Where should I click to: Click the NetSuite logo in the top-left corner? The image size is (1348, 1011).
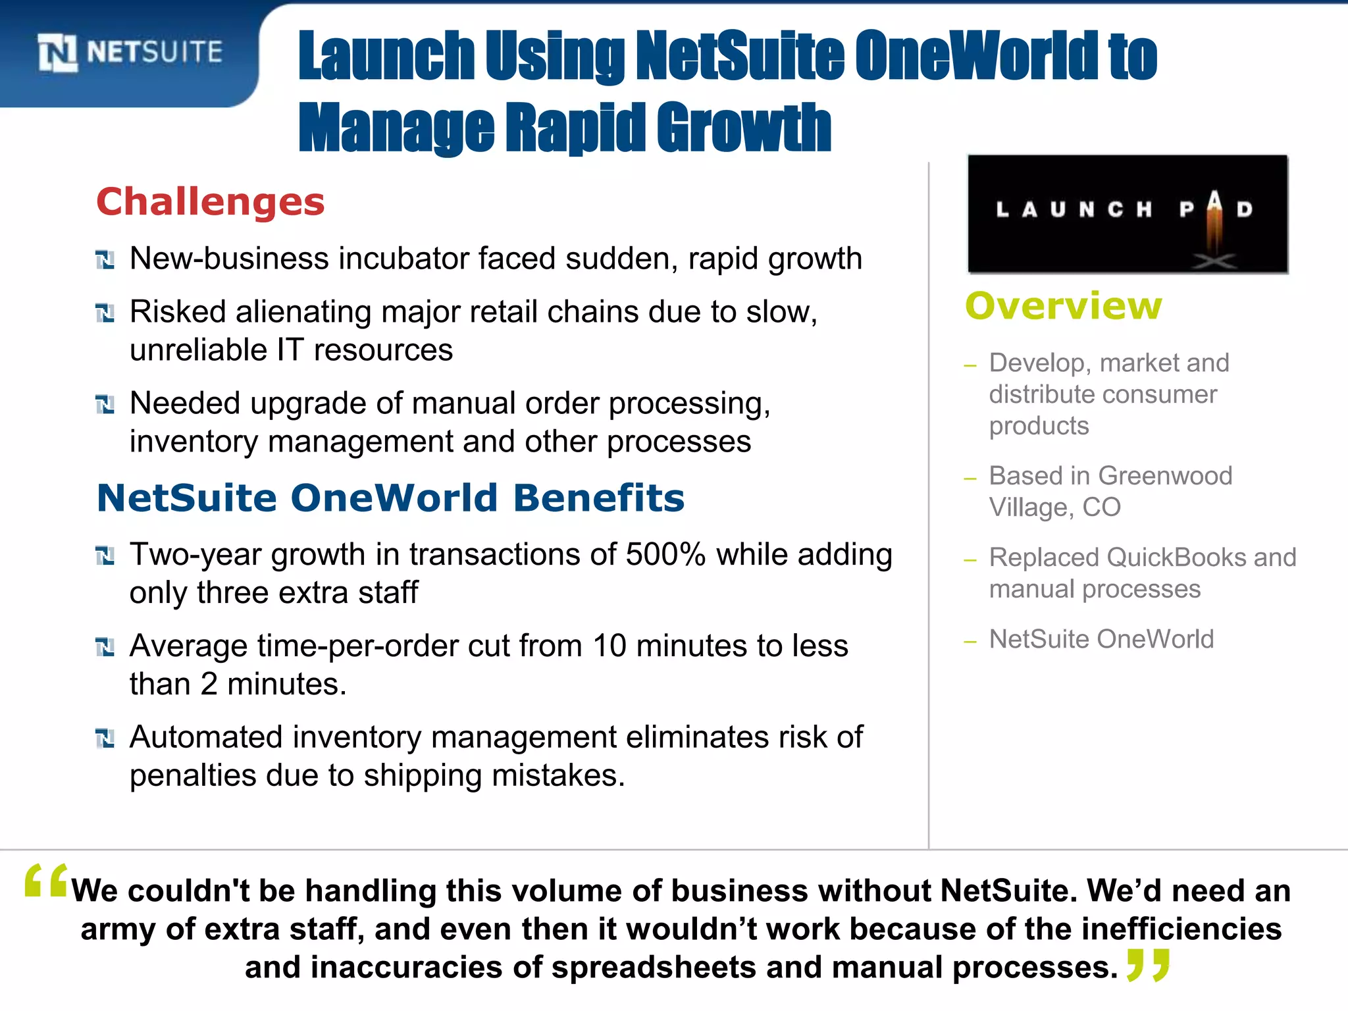pos(130,53)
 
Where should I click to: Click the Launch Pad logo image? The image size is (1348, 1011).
pos(1127,214)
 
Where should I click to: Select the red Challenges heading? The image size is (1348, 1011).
pos(211,201)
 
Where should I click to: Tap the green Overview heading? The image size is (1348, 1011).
pos(1064,306)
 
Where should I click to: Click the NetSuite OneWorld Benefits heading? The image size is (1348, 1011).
pos(390,498)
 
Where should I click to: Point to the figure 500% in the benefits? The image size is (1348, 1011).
pos(665,554)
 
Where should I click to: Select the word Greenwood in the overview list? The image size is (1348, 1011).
pos(1165,475)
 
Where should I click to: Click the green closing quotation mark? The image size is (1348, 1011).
pos(1149,964)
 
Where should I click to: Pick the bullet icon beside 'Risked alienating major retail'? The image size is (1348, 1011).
pos(105,313)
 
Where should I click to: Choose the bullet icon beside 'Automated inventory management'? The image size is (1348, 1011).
pos(105,739)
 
